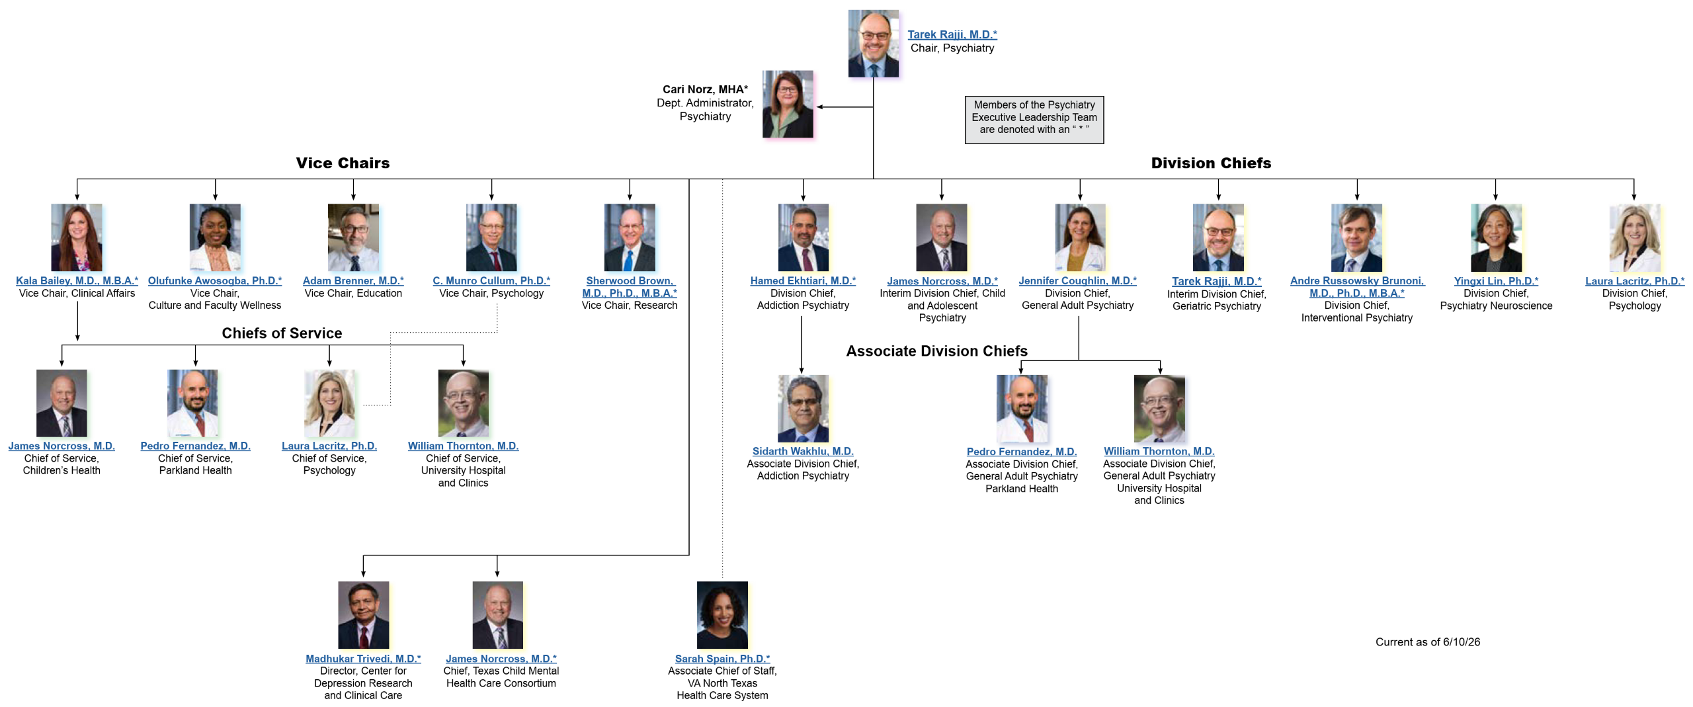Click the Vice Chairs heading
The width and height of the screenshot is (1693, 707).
click(x=343, y=163)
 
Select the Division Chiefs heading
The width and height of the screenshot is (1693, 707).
click(x=1211, y=163)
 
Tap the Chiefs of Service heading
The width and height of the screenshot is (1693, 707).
click(x=282, y=333)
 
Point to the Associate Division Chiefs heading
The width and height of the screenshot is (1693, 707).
click(x=936, y=351)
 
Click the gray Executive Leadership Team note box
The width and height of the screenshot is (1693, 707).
click(x=1034, y=120)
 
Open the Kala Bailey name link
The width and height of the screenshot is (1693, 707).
click(x=77, y=280)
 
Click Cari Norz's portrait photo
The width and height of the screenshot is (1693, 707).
click(x=788, y=104)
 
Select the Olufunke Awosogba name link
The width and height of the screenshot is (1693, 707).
click(x=215, y=280)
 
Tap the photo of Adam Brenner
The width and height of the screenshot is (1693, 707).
click(x=353, y=237)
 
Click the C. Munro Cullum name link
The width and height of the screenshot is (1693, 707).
click(x=491, y=280)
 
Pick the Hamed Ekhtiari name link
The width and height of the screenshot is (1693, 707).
click(x=803, y=280)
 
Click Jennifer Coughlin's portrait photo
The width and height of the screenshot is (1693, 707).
click(x=1080, y=237)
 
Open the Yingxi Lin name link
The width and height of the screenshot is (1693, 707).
click(x=1496, y=281)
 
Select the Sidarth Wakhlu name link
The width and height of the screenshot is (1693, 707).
click(x=803, y=451)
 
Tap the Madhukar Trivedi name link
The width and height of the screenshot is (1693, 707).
click(x=363, y=659)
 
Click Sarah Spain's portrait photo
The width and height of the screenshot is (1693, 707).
click(x=722, y=615)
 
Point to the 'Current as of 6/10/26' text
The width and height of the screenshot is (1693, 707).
click(x=1428, y=642)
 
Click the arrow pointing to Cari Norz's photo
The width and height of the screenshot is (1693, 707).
click(x=845, y=106)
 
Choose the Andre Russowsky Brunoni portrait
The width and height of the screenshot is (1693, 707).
click(x=1356, y=237)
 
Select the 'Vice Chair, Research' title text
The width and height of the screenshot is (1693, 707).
click(x=630, y=306)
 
